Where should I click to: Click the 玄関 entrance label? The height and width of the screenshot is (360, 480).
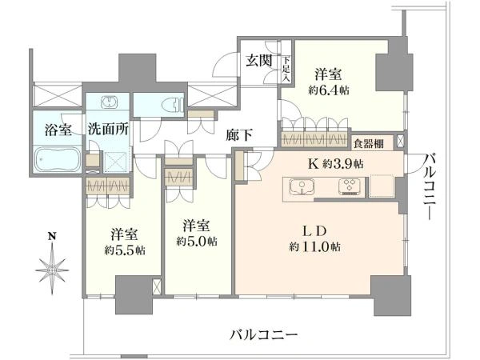259,61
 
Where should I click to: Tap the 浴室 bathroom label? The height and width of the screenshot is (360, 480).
58,130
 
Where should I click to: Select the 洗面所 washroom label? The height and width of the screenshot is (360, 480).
108,130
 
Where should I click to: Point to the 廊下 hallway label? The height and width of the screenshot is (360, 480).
239,135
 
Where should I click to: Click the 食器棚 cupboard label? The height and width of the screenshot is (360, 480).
369,143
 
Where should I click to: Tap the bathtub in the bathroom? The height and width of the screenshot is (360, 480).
58,159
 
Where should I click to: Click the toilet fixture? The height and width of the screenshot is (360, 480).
176,104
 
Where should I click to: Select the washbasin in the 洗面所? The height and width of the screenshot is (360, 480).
108,102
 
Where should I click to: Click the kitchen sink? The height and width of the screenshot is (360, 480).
302,187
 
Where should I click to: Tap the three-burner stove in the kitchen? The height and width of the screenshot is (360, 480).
350,186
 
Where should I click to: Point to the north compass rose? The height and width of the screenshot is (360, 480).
52,270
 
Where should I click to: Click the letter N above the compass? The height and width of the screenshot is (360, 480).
53,236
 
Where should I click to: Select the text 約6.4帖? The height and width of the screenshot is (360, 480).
329,90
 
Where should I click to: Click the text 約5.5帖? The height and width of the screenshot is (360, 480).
125,250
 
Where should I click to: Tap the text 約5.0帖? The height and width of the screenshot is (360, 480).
197,242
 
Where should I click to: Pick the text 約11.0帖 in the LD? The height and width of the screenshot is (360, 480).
314,246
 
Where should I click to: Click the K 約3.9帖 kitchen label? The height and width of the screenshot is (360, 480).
335,164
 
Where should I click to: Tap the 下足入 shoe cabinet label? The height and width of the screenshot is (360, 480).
286,68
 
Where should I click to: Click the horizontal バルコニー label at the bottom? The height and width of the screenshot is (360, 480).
263,334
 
